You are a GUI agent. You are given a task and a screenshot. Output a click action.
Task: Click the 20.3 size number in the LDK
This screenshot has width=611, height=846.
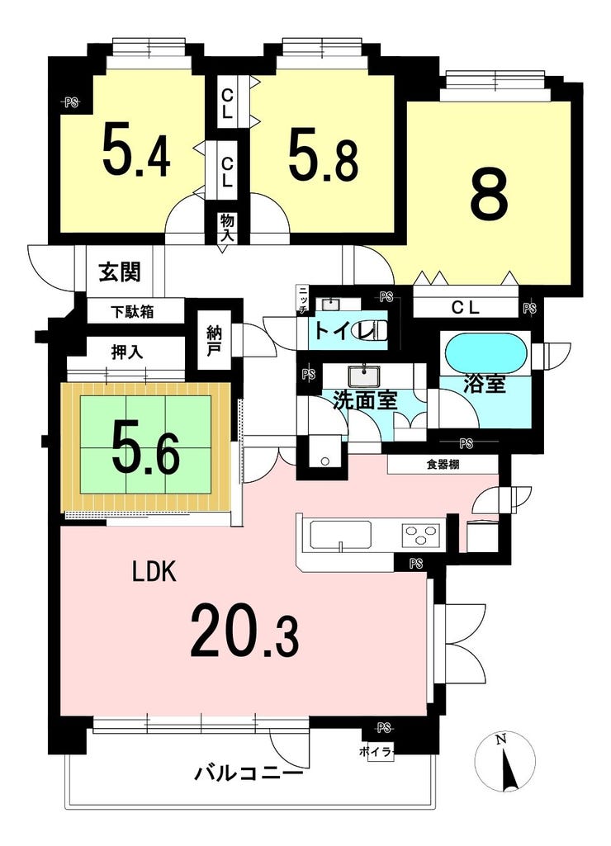(244, 631)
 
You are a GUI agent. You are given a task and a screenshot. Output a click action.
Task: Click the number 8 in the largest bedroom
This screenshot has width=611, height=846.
(489, 196)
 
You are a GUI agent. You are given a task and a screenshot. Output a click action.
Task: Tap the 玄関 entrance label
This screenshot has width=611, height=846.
(120, 272)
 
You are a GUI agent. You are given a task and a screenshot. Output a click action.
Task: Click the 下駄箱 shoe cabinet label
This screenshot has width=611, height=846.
(132, 311)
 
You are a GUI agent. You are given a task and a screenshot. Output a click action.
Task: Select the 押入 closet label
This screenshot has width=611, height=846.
(127, 352)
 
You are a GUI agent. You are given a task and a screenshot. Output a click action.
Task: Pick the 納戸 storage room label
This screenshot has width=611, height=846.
(214, 339)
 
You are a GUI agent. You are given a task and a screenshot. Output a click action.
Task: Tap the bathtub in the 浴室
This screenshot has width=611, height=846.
(484, 352)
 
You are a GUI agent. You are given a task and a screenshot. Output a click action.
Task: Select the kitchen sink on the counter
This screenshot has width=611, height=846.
(340, 536)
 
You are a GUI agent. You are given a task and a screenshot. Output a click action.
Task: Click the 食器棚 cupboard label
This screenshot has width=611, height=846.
(443, 465)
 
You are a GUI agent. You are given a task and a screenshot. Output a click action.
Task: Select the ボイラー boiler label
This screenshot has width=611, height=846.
(377, 752)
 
